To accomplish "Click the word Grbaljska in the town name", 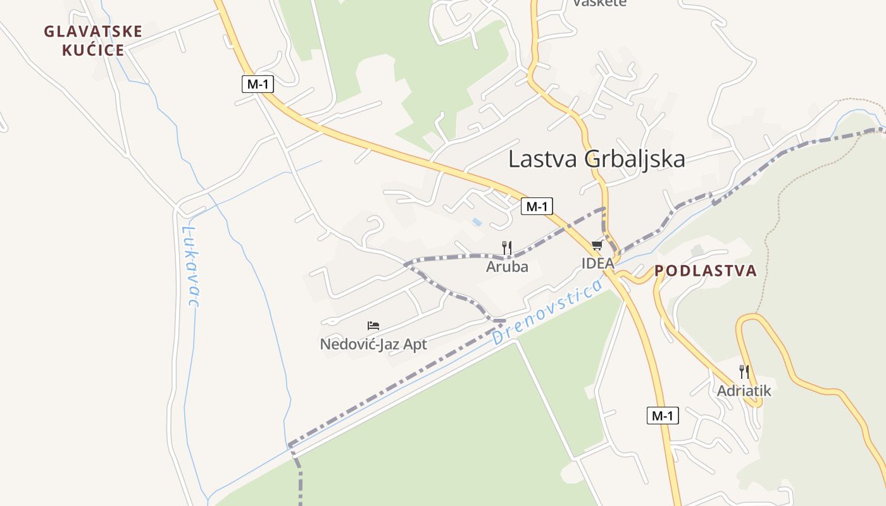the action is (x=635, y=159).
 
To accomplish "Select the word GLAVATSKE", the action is (x=93, y=32).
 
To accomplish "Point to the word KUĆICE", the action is (x=93, y=50).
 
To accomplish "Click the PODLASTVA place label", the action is (x=706, y=271).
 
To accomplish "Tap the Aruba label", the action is (x=507, y=267).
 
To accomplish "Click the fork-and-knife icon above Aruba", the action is (x=506, y=247).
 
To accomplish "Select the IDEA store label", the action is (x=598, y=263).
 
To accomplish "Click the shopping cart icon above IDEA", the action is (x=597, y=245).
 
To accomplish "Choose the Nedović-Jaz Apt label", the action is (x=373, y=345).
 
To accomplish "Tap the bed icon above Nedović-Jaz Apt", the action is (x=373, y=326).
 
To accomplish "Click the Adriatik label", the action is (x=744, y=391).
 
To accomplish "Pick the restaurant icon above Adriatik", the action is (x=744, y=372).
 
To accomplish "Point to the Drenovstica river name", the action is (x=547, y=312).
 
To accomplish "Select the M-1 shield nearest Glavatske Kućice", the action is (x=258, y=83).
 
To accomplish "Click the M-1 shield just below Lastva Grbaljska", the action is (x=537, y=206).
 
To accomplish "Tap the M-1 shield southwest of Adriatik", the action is (x=663, y=416).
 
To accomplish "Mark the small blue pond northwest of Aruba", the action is (x=476, y=222).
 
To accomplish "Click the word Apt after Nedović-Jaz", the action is (x=413, y=345).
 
